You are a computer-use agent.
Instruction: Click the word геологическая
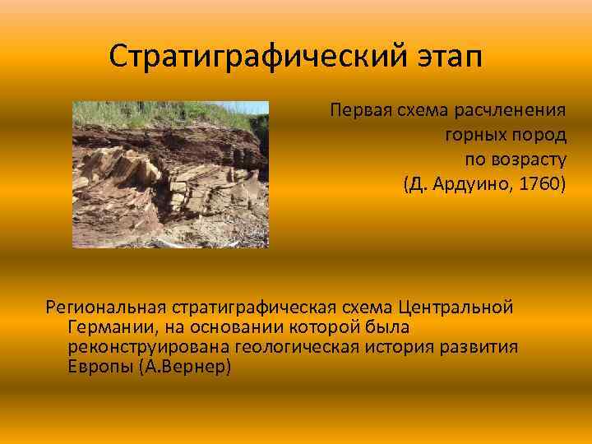click(x=296, y=347)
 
